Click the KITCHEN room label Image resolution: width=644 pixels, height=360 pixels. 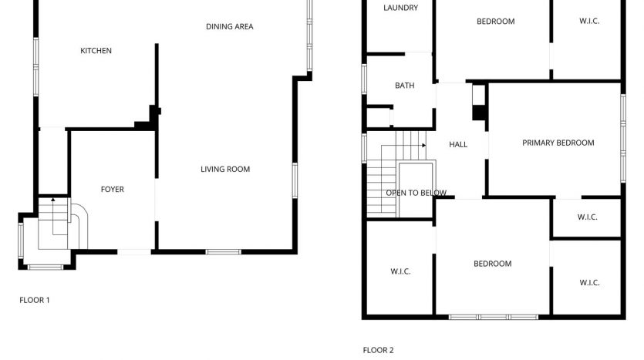point(96,50)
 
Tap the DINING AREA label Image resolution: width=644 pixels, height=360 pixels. point(230,27)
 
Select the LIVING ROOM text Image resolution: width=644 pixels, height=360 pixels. point(225,169)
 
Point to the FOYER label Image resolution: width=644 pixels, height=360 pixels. point(112,189)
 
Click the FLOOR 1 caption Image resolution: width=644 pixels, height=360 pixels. point(35,300)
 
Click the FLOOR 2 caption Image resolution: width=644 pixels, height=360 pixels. point(378,350)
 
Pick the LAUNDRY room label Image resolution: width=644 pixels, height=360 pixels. point(400,8)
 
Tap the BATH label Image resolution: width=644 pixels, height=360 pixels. point(405,86)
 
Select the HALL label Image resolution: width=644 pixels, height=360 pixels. point(458,144)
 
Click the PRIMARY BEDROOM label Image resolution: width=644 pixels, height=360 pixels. point(558,143)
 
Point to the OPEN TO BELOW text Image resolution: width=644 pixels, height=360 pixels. point(416,193)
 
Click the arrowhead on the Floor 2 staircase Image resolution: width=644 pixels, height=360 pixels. point(424,146)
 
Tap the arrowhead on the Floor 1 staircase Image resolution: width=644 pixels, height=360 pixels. point(53,200)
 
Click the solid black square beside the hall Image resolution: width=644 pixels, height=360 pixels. point(479,113)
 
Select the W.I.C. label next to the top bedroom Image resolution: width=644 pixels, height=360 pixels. point(589,21)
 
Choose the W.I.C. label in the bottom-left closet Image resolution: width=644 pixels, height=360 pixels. point(400,271)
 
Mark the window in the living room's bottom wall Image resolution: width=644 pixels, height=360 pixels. point(224,251)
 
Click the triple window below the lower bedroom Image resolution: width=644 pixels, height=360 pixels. point(494,317)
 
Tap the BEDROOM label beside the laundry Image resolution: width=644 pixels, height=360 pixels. point(495,22)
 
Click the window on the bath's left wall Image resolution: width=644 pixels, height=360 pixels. point(364,79)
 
